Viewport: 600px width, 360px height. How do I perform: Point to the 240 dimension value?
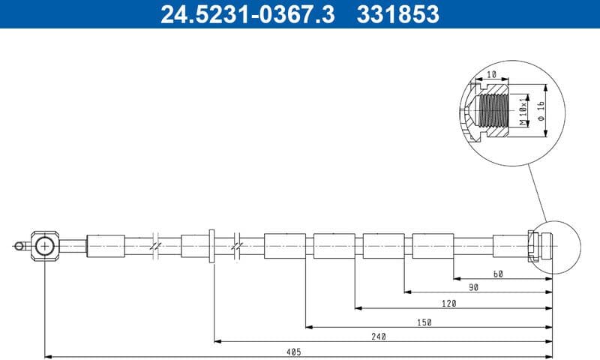click(x=379, y=337)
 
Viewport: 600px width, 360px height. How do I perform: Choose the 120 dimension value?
click(x=448, y=304)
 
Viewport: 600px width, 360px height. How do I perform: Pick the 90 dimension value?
click(x=473, y=288)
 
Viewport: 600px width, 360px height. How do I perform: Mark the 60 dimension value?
click(x=498, y=274)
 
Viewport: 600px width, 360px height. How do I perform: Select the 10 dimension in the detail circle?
click(x=493, y=75)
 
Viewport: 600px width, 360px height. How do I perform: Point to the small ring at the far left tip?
click(x=19, y=244)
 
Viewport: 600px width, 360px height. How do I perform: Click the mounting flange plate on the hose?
click(x=212, y=246)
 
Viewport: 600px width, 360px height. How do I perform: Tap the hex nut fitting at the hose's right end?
click(x=534, y=245)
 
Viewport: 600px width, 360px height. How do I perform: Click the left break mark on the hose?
click(x=154, y=245)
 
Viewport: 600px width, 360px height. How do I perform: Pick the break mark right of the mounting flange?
click(x=237, y=245)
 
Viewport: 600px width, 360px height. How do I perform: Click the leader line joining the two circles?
click(x=538, y=187)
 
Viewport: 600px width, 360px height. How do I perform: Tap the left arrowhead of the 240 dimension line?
click(x=217, y=341)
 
